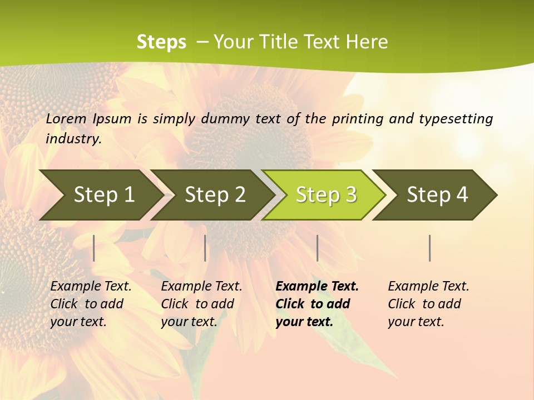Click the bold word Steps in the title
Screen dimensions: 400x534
click(x=161, y=42)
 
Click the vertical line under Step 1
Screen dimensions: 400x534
click(x=94, y=248)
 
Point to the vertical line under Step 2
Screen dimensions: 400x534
click(x=205, y=248)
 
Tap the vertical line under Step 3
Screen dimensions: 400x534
click(x=318, y=248)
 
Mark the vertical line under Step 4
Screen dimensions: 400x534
click(x=430, y=248)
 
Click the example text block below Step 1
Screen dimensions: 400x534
click(x=91, y=304)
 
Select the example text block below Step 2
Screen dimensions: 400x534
click(x=201, y=304)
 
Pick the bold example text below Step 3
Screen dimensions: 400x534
click(x=317, y=304)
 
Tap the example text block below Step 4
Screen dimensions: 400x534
click(x=428, y=304)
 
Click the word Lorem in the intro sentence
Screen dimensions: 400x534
click(x=66, y=118)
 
